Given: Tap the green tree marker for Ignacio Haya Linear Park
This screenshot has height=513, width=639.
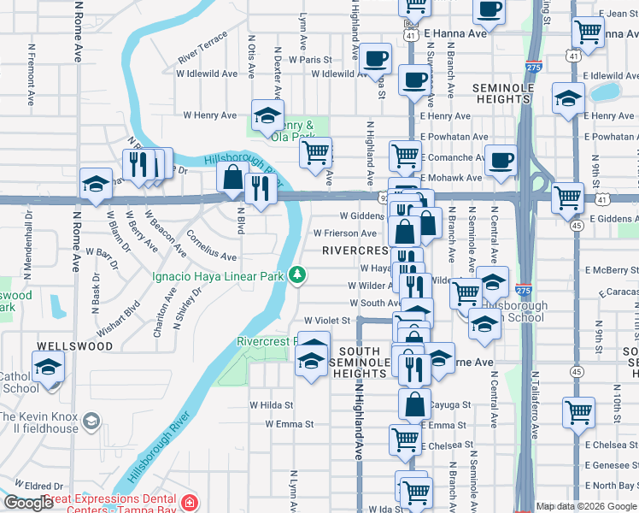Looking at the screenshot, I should point(297,274).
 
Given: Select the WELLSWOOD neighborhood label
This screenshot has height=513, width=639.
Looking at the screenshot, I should point(74,346).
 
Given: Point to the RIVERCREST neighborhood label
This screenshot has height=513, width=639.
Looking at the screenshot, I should point(355,251).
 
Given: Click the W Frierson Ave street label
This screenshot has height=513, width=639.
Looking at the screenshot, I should point(345,233).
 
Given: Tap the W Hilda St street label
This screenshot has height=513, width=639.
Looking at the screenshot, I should point(271,405).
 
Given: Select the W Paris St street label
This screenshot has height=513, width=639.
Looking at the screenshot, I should point(309,60).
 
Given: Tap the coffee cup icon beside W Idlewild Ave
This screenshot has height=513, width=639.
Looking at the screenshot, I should point(376,58).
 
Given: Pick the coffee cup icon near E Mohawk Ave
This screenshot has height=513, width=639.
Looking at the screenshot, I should point(501,158).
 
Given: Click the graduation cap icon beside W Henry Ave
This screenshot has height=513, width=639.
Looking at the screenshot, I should point(267,114).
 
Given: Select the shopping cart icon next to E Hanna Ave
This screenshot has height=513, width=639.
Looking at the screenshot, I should point(589,32).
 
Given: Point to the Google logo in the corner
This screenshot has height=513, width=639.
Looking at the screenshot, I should point(28,503).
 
